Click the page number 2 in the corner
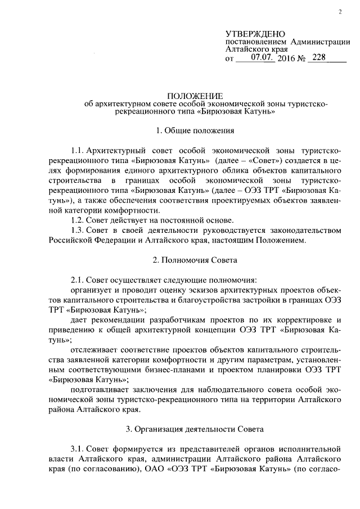coord(341,13)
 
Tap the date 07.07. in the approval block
coord(263,57)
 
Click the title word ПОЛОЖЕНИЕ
coord(196,96)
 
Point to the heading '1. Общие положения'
coord(195,130)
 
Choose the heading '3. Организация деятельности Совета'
coord(195,430)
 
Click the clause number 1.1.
coord(78,151)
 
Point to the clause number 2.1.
coord(78,280)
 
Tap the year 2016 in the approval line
coord(287,58)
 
